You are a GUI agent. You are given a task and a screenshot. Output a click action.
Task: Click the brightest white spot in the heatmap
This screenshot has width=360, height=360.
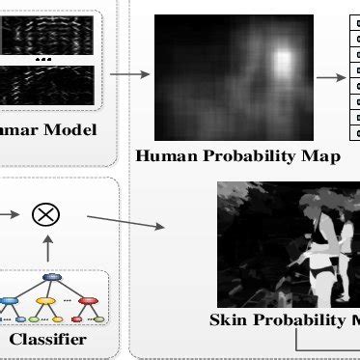point(282,63)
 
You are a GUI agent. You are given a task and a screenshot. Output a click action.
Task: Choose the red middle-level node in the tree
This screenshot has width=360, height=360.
point(89,299)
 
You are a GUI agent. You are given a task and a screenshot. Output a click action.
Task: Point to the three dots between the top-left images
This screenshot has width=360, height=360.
point(44,58)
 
